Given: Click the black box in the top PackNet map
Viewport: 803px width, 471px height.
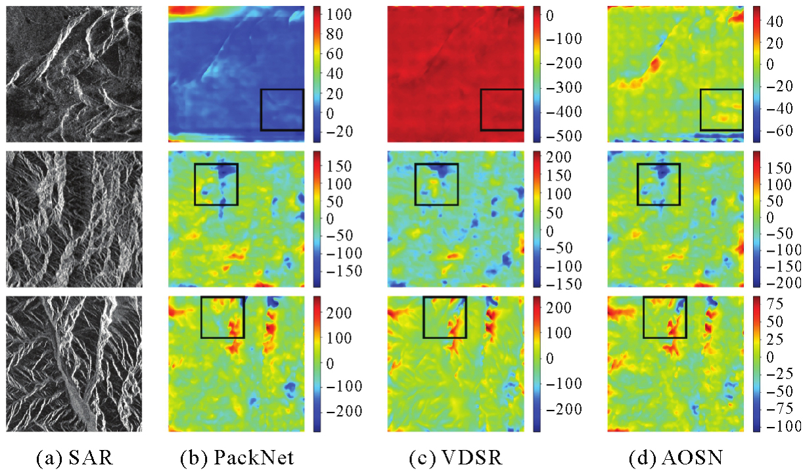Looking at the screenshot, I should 282,110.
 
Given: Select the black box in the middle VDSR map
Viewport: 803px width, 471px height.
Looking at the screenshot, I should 436,185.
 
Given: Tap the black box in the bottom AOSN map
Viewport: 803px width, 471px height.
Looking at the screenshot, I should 664,317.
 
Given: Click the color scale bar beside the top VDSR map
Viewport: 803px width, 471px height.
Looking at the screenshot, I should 536,74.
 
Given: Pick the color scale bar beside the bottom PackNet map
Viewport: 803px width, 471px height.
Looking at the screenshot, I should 317,364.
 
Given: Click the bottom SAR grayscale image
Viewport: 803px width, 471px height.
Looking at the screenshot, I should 74,364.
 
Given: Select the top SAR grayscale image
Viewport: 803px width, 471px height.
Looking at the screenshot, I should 74,74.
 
